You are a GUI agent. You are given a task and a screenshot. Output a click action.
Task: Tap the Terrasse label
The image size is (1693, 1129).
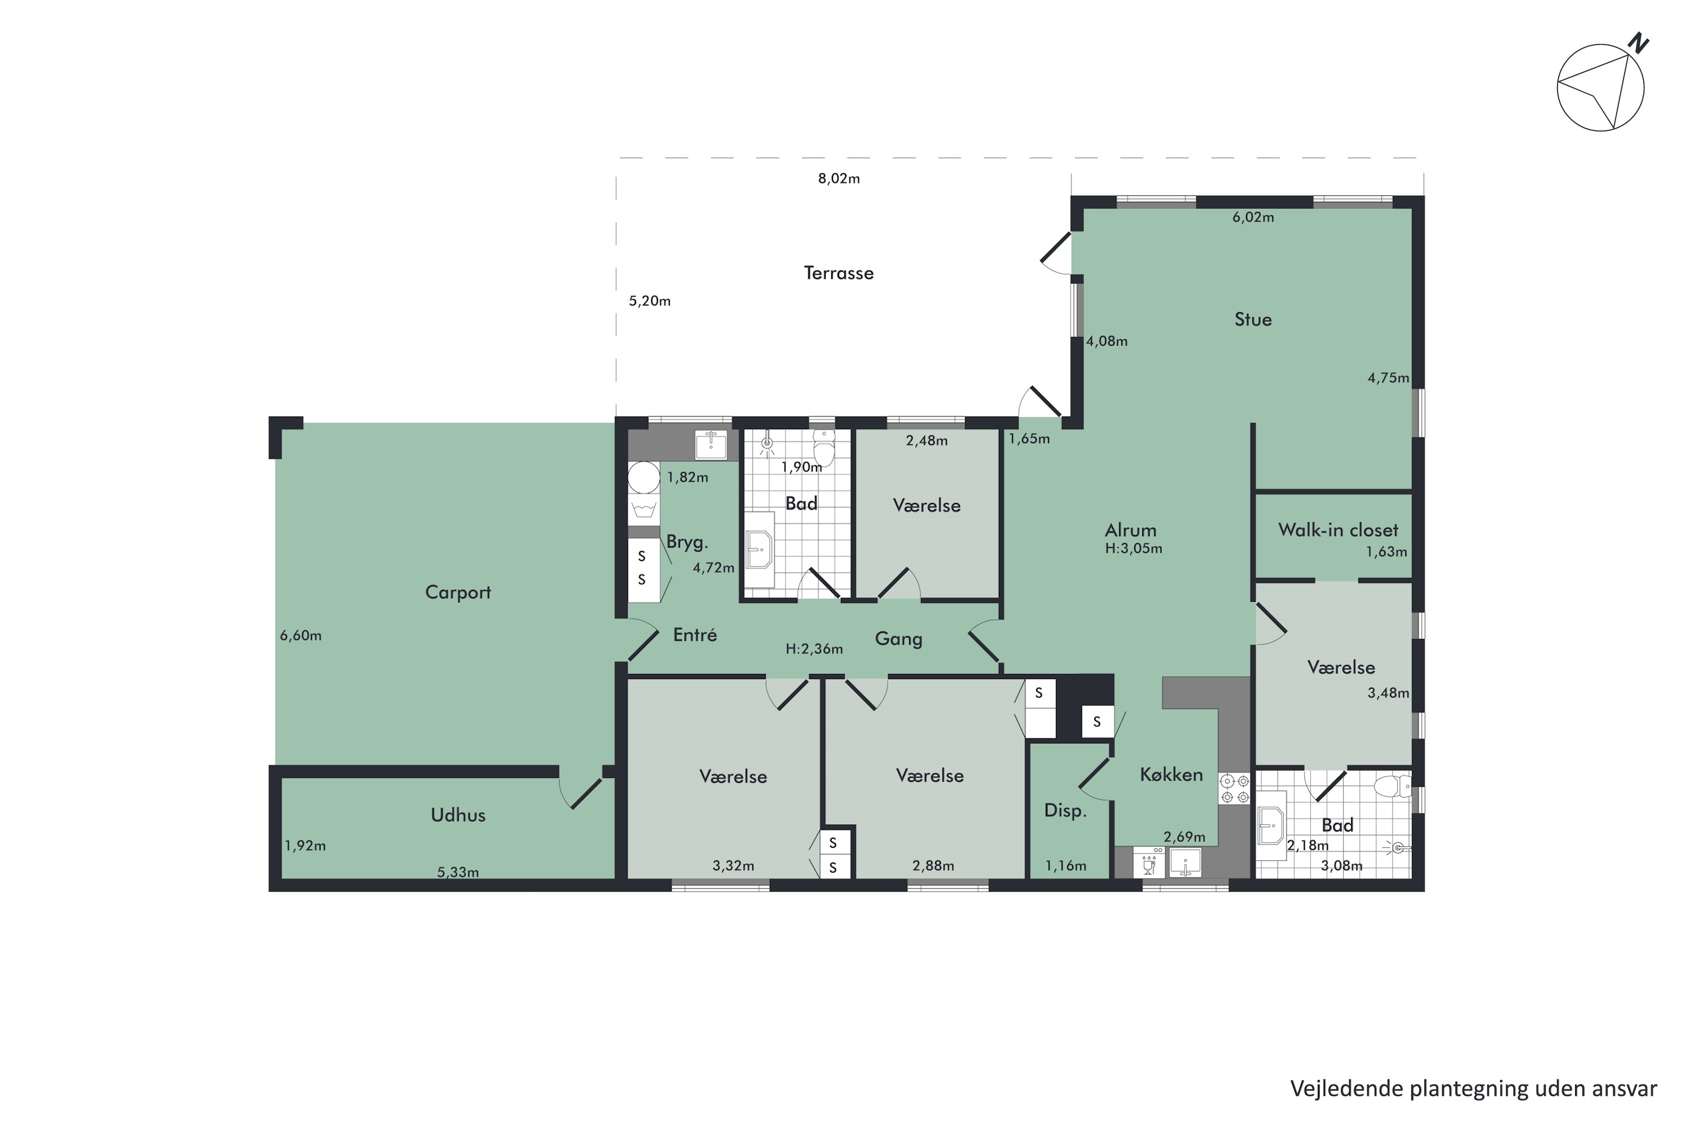click(x=839, y=273)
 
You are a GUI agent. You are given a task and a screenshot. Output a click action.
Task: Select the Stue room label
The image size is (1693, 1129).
click(x=1253, y=320)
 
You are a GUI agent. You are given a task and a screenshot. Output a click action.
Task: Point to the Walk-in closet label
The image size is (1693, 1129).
click(x=1338, y=530)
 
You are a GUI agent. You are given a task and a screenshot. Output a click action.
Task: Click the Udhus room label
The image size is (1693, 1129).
click(x=458, y=815)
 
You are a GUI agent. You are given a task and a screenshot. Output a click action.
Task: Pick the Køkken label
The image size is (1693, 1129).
click(x=1171, y=774)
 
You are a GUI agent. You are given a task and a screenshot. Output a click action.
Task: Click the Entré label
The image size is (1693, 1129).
click(x=695, y=635)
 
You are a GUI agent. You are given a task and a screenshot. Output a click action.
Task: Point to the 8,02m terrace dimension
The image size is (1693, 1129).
click(x=839, y=178)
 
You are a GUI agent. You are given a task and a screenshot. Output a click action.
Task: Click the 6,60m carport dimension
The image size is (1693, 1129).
click(x=301, y=636)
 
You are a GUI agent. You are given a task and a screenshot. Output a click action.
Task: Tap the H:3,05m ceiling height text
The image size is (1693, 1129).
click(x=1134, y=549)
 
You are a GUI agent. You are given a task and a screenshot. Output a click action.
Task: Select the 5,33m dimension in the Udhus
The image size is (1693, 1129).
click(x=458, y=873)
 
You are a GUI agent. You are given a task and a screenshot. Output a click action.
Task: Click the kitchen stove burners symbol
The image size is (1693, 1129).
click(x=1235, y=789)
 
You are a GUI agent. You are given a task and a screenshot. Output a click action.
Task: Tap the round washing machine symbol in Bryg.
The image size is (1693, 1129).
click(x=643, y=478)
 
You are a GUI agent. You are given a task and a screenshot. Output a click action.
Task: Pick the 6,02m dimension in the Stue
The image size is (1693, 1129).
click(x=1253, y=217)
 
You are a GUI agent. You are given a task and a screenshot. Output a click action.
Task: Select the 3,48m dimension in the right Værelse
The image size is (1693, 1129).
click(x=1388, y=693)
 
